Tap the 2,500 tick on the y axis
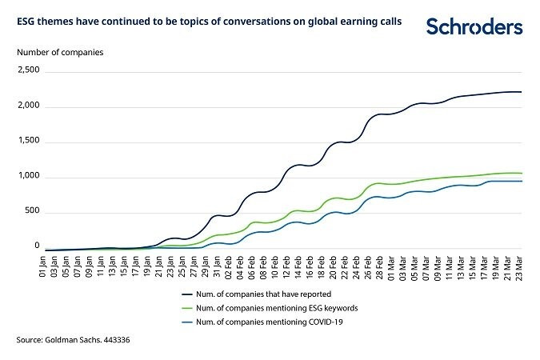click(x=28, y=71)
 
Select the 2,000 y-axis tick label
click(x=28, y=106)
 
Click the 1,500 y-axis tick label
click(x=28, y=142)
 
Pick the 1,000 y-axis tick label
click(x=28, y=177)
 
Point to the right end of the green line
click(x=522, y=173)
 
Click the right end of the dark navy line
click(x=522, y=92)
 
